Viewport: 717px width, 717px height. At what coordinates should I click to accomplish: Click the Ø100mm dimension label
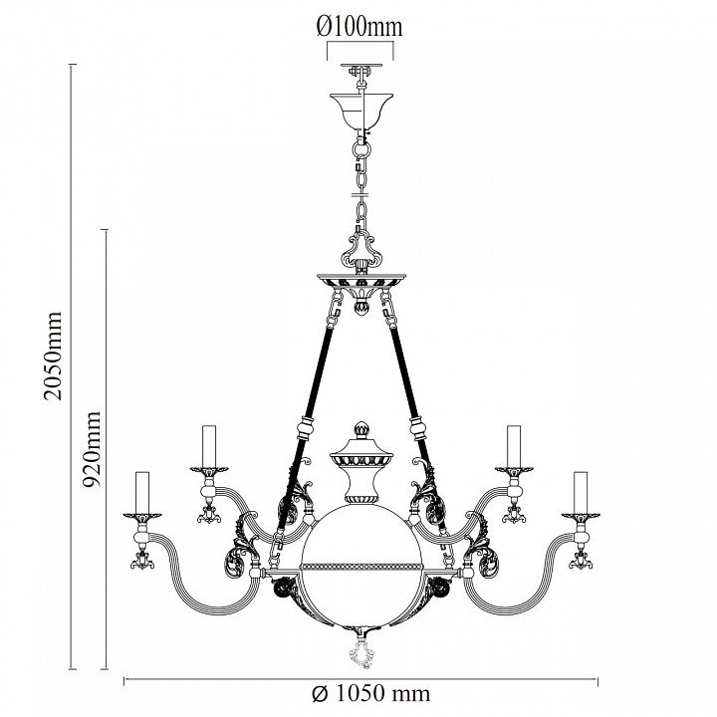[359, 27]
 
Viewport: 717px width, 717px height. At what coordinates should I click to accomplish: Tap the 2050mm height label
[53, 357]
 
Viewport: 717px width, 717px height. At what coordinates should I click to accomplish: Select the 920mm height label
[91, 449]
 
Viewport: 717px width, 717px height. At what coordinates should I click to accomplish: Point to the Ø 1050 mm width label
[371, 693]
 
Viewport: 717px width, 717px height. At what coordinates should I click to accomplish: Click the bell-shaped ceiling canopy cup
[361, 111]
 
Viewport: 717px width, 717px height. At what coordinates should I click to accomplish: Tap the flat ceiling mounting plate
[361, 66]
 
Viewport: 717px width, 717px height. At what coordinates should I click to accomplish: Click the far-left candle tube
[142, 492]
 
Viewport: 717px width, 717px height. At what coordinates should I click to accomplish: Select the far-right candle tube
[581, 492]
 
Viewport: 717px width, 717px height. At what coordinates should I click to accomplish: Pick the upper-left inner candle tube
[209, 446]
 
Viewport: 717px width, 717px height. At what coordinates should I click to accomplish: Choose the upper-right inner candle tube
[514, 446]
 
